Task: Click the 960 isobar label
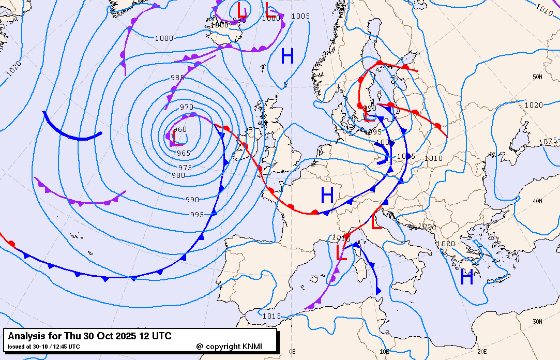click(x=180, y=129)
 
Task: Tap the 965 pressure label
click(x=184, y=153)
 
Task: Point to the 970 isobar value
click(x=187, y=107)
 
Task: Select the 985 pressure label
click(x=177, y=78)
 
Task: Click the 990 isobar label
click(x=192, y=200)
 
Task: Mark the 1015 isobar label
click(x=271, y=316)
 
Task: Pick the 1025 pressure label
click(x=548, y=141)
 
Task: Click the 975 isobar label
click(x=185, y=168)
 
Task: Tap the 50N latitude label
click(x=538, y=78)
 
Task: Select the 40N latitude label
click(x=538, y=201)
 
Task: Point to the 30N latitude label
click(x=538, y=321)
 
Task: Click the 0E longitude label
click(x=293, y=352)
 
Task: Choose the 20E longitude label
click(x=482, y=352)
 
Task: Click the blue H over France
click(x=327, y=196)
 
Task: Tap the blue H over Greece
click(x=467, y=278)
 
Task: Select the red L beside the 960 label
click(x=175, y=138)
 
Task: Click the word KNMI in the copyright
click(x=256, y=346)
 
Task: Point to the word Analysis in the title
click(x=25, y=336)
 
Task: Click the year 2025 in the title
click(x=125, y=336)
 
